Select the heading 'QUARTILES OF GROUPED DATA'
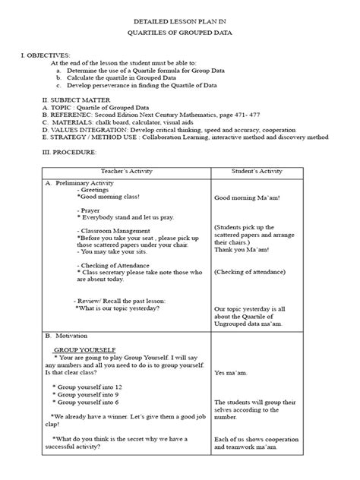pyautogui.click(x=179, y=35)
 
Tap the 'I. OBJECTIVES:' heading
pyautogui.click(x=45, y=56)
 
